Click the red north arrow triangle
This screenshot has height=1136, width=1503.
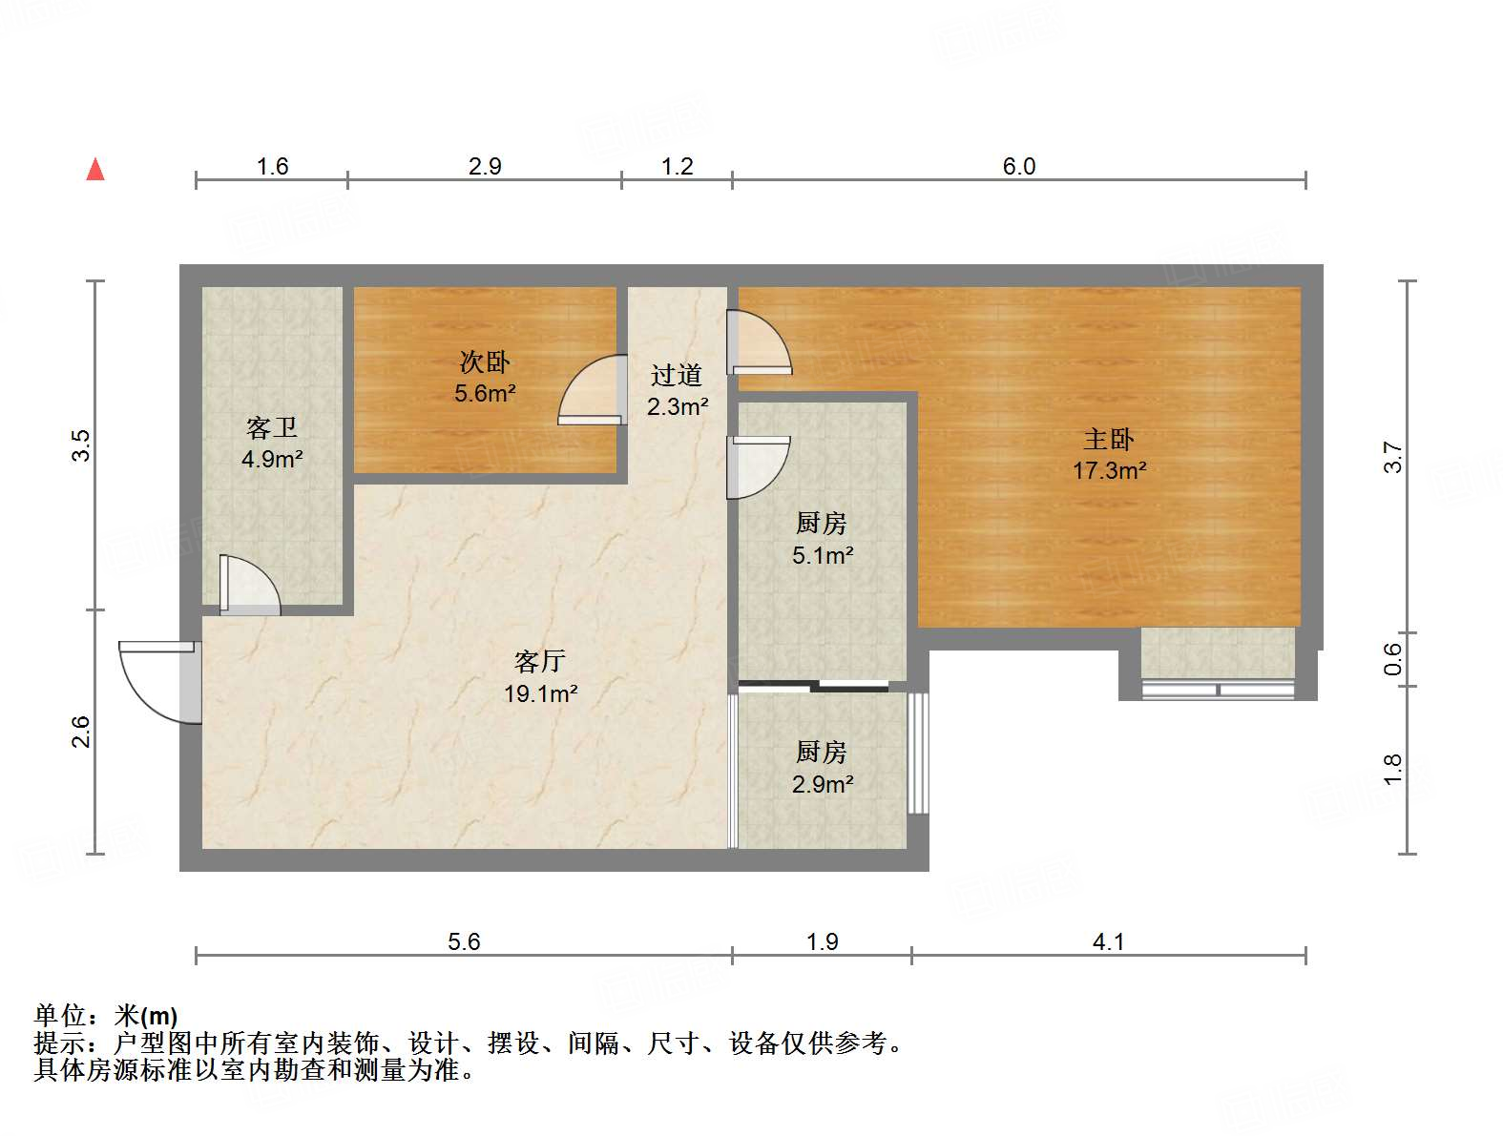[x=95, y=170]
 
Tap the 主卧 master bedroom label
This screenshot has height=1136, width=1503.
[x=1108, y=439]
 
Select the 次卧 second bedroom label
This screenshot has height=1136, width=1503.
[x=485, y=361]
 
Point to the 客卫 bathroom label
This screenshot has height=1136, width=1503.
[x=272, y=427]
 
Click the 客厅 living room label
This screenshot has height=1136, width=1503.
[x=540, y=661]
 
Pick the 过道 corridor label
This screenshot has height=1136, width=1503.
[x=677, y=375]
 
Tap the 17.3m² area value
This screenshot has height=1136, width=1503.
[x=1109, y=470]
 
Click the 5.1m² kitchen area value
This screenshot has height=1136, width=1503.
[x=822, y=555]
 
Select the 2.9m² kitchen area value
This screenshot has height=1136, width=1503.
[x=822, y=784]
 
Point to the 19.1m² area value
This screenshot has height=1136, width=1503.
[x=540, y=693]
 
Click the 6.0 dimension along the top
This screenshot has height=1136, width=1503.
[x=1018, y=166]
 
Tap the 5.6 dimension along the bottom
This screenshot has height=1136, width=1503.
[x=464, y=941]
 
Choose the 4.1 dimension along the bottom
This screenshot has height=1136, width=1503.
[x=1108, y=941]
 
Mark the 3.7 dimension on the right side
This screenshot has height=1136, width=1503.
[x=1394, y=457]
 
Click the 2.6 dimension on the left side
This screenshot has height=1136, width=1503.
[x=81, y=732]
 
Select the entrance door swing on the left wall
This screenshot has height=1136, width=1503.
[x=157, y=679]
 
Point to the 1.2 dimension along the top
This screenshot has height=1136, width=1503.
[x=677, y=166]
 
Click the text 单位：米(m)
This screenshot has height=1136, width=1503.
[x=106, y=1016]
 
